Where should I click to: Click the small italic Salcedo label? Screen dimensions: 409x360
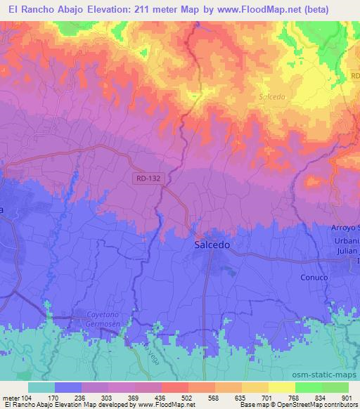(271, 96)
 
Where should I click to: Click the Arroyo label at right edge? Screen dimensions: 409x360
(345, 228)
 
